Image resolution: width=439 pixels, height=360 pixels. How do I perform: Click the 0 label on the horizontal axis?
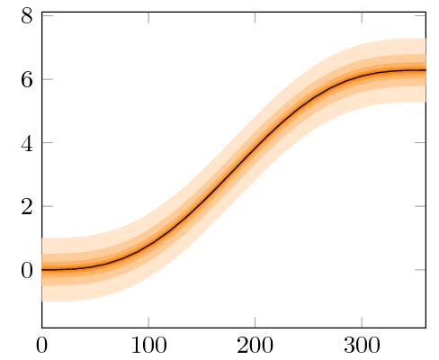point(41,343)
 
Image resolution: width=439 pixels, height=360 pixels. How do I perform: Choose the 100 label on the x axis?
point(148,343)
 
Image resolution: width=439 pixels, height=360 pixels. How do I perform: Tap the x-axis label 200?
point(255,343)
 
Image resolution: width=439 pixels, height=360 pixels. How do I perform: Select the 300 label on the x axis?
point(361,343)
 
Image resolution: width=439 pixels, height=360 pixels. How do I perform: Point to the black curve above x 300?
point(361,76)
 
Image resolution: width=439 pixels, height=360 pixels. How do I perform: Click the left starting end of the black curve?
point(42,269)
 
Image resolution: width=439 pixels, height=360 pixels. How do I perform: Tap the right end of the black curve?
point(425,70)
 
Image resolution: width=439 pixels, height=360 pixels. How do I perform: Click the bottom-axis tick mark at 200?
point(255,324)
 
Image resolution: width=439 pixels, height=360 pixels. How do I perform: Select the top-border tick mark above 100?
point(148,13)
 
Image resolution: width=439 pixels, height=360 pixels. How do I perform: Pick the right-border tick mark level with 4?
point(423,142)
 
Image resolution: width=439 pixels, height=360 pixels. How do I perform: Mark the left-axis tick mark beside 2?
point(44,206)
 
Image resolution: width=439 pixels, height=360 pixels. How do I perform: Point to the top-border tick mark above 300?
point(361,13)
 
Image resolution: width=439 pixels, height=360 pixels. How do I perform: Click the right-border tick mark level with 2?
point(423,206)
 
